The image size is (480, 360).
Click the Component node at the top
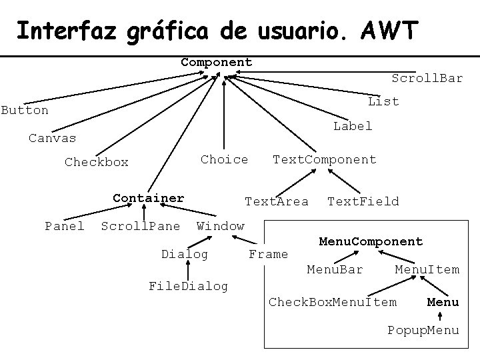coord(217,62)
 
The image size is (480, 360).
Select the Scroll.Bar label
coord(427,79)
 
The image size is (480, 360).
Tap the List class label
coord(383,101)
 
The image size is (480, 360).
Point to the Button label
coord(25,110)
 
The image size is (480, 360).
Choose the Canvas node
coord(52,138)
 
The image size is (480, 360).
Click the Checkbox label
coord(96,162)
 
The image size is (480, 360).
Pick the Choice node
coord(224,159)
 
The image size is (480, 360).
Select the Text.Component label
coord(324,159)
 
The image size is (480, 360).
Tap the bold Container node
coord(148,198)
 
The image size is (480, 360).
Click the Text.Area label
coord(277,201)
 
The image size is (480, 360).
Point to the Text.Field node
coord(363,201)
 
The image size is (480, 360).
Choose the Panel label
coord(64,226)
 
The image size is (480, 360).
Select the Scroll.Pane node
coord(140,226)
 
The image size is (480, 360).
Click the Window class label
coord(220,226)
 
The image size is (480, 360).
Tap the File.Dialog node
coord(187,286)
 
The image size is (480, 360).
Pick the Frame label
coord(268,254)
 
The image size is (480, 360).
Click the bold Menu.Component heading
coord(371,241)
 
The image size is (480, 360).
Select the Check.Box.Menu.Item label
coord(332,302)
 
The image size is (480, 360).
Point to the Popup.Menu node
coord(423,330)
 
